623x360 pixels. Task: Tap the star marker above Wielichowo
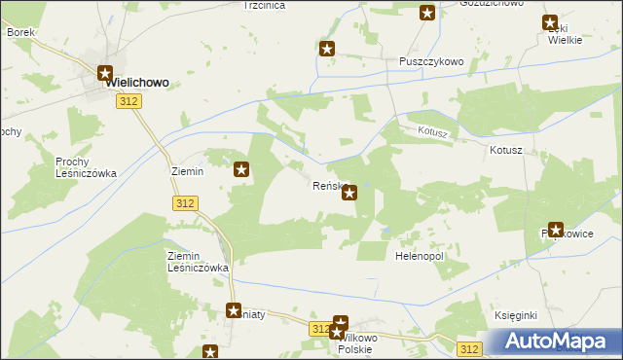click(x=106, y=72)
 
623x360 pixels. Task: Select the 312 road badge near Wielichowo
click(x=126, y=101)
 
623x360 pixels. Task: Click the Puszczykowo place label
click(x=431, y=60)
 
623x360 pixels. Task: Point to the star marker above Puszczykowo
click(x=327, y=48)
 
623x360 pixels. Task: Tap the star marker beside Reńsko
click(x=349, y=193)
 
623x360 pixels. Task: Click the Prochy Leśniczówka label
click(x=86, y=166)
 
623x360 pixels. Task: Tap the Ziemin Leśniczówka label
click(x=198, y=261)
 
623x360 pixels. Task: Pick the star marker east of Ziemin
click(x=242, y=170)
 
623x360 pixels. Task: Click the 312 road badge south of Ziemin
click(x=186, y=202)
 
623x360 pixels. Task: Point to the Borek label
click(x=20, y=32)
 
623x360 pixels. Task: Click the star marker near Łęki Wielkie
click(x=551, y=23)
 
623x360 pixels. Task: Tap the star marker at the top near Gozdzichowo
click(x=427, y=13)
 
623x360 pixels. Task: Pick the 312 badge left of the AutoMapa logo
click(x=470, y=348)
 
